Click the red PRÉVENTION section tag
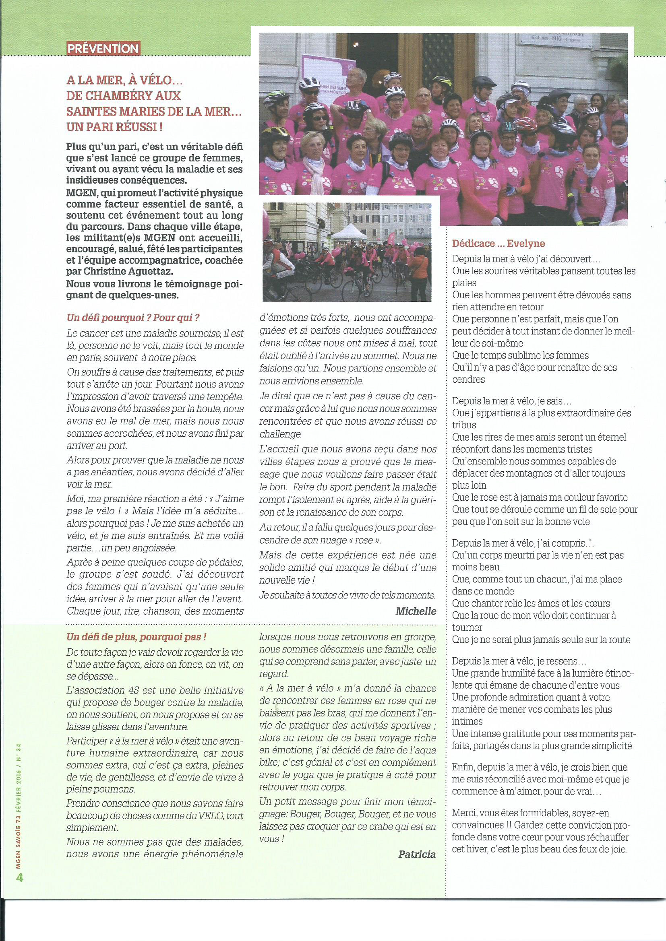click(103, 49)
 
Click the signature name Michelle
click(416, 611)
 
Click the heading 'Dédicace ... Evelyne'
click(498, 244)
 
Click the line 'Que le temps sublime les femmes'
click(520, 355)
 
